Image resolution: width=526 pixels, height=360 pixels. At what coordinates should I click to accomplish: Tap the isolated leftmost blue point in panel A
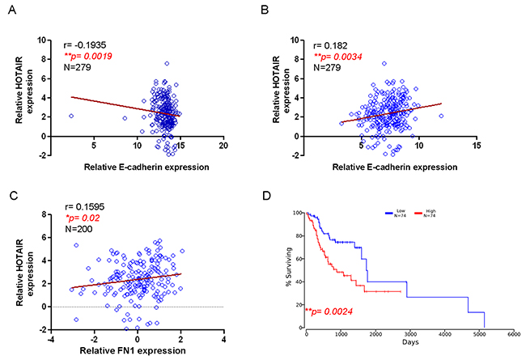70,116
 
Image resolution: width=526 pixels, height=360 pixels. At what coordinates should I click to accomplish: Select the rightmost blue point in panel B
442,116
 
